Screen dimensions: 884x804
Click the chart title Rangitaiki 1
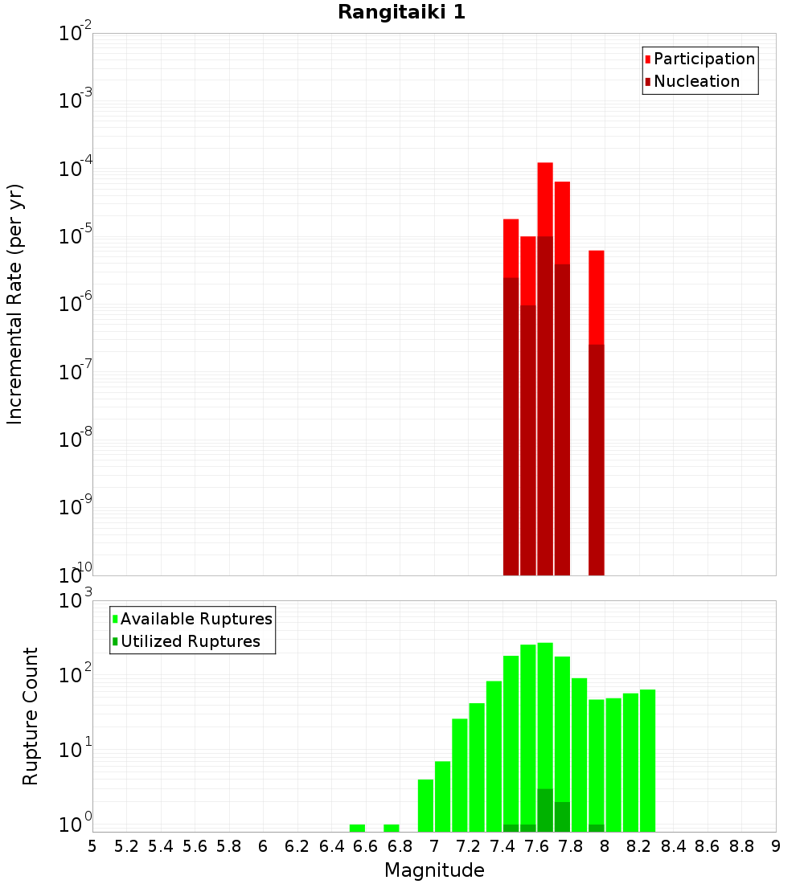[x=401, y=13]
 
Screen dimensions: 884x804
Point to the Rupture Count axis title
[x=31, y=716]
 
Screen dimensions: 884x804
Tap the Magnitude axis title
[x=434, y=870]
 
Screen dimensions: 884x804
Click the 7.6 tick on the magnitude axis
[x=537, y=846]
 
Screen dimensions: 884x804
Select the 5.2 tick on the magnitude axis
[x=127, y=846]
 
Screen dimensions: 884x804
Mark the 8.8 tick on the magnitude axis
[x=742, y=846]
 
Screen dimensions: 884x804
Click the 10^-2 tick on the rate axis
[x=76, y=35]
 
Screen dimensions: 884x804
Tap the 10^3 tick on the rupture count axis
[x=76, y=601]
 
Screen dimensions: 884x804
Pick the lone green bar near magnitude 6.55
[x=357, y=828]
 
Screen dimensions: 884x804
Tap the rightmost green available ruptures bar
[x=647, y=759]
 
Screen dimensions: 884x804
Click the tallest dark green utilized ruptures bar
[x=545, y=810]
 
